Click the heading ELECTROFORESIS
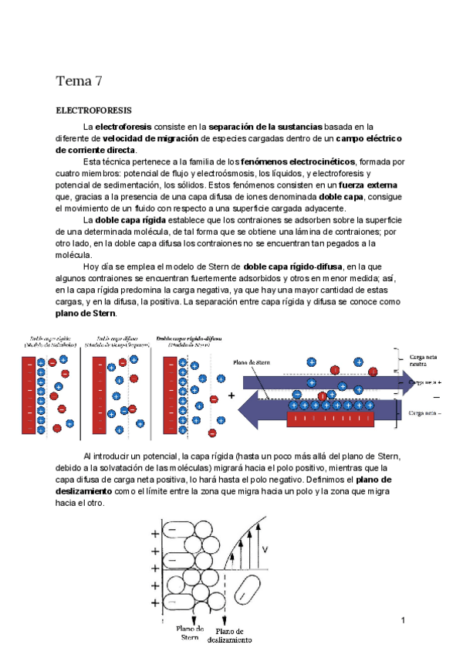tap(94, 111)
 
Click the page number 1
tap(404, 620)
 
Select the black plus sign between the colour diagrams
tap(231, 395)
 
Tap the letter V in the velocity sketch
tap(265, 550)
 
